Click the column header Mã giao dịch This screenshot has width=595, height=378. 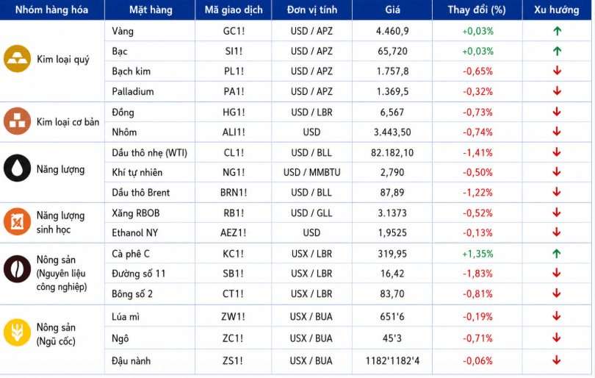tap(234, 10)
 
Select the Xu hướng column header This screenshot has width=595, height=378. tap(556, 10)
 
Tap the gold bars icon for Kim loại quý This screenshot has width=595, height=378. tap(17, 59)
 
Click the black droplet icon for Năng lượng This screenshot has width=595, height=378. tap(17, 168)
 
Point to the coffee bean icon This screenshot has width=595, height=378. tap(17, 269)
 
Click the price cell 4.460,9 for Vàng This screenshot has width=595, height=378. tap(392, 31)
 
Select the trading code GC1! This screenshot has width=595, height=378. tap(234, 31)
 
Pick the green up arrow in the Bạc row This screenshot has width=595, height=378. tap(557, 51)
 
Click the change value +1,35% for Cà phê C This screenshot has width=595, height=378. tap(477, 254)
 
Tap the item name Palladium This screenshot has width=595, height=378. tap(133, 91)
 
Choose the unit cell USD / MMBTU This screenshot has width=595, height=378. tap(311, 173)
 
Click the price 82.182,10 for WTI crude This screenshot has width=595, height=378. tap(392, 153)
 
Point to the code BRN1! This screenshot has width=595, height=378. tap(234, 193)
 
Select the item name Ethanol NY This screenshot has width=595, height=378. tap(134, 233)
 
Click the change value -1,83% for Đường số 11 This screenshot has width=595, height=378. tap(477, 274)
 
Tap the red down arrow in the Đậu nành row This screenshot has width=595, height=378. tap(557, 360)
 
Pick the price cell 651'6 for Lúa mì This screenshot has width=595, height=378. tap(392, 317)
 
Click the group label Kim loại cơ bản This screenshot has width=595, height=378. tap(68, 122)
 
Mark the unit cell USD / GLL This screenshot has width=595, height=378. tap(311, 213)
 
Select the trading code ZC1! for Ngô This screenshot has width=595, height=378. tap(234, 338)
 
